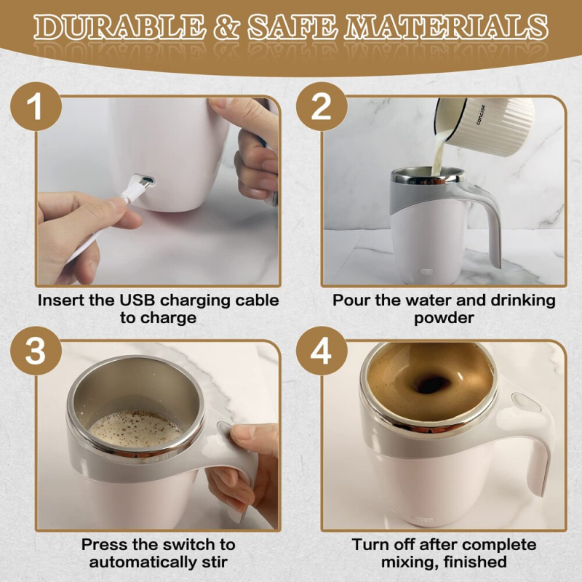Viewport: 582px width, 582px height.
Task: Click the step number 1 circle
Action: pyautogui.click(x=34, y=108)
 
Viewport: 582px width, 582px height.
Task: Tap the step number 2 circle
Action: pyautogui.click(x=321, y=108)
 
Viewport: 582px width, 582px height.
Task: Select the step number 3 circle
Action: pyautogui.click(x=34, y=351)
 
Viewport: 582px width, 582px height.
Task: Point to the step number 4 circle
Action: pyautogui.click(x=321, y=351)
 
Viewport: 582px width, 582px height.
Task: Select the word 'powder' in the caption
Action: pyautogui.click(x=443, y=318)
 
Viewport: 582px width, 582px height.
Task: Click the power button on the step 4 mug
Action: pyautogui.click(x=522, y=402)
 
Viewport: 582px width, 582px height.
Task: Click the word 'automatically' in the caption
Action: pyautogui.click(x=140, y=562)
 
